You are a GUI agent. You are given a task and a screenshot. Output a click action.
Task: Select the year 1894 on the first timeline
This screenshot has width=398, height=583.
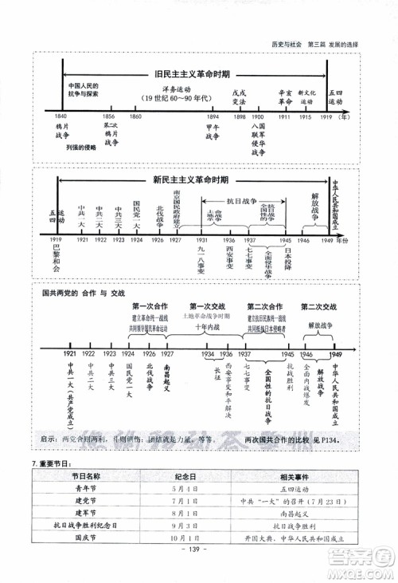[x=212, y=117]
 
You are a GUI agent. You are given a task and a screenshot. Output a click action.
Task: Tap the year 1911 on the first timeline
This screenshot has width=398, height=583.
[x=284, y=117]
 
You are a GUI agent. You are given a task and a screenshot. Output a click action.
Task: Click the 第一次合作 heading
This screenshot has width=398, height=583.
[x=150, y=306]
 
